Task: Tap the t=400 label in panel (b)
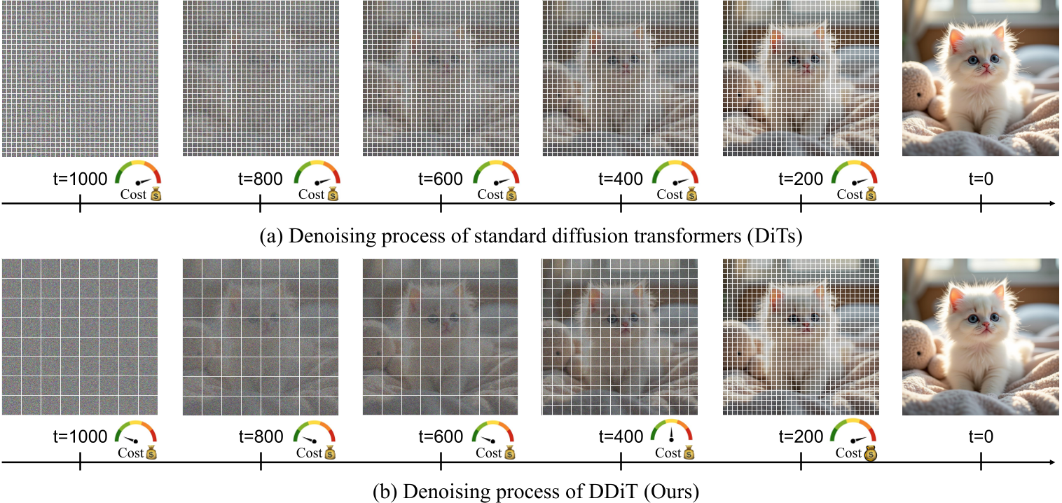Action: [621, 437]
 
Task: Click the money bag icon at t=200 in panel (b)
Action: [871, 454]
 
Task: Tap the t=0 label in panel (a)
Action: [981, 180]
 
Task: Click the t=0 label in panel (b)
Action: [981, 437]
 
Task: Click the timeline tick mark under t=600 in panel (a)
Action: [441, 204]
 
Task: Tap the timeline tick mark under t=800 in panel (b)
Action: [261, 462]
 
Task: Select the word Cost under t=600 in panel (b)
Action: [489, 453]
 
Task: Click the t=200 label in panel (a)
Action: [801, 180]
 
